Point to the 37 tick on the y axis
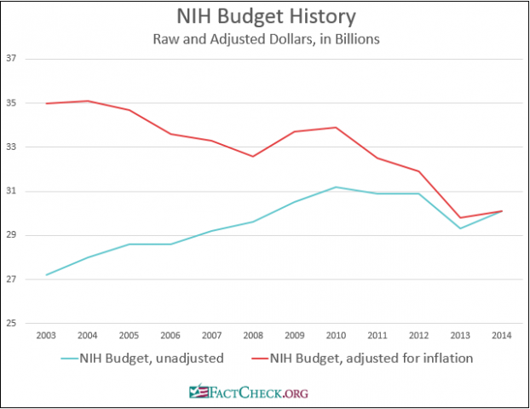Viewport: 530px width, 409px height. coord(12,59)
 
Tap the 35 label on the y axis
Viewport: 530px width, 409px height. coord(12,103)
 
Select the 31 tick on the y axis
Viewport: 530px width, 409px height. coord(12,191)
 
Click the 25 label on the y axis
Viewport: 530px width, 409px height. coord(12,324)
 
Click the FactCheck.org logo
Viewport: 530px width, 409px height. coord(249,392)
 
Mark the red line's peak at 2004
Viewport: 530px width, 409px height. coord(87,101)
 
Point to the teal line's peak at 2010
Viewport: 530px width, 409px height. coord(336,187)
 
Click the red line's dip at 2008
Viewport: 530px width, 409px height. coord(252,156)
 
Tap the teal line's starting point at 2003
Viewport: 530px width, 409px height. coord(46,275)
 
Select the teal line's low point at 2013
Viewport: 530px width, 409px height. coord(460,228)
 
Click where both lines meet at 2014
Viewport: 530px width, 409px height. coord(501,210)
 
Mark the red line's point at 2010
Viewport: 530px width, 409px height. coord(336,127)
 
